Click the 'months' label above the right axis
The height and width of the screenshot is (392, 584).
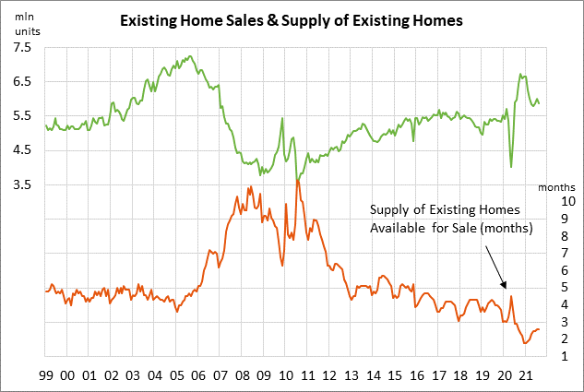555,187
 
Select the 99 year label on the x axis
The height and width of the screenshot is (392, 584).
45,375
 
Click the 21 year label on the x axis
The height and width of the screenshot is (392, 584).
524,375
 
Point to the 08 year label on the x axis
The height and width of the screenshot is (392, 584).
241,375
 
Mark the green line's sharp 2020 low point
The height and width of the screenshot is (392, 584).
511,168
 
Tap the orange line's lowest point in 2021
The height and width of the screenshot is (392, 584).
525,343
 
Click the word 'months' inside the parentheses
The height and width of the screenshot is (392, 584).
507,229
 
